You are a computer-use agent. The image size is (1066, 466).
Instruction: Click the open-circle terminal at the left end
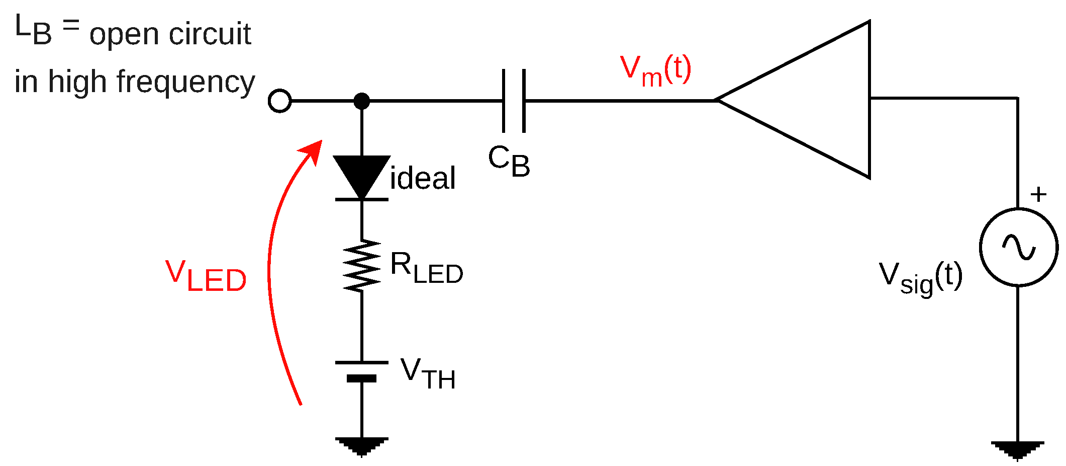280,101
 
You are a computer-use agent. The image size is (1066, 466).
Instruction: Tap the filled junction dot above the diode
361,101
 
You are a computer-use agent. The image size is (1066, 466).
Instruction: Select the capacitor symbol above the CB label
514,101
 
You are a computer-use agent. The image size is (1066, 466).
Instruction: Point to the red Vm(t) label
656,70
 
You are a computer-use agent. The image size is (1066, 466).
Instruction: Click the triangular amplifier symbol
814,100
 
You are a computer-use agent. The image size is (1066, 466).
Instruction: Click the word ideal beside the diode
423,178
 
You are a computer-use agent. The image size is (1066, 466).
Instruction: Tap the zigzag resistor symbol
361,266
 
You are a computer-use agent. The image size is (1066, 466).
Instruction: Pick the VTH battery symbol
361,371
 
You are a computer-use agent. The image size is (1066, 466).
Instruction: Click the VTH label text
428,374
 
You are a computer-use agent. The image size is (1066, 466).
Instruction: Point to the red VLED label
206,276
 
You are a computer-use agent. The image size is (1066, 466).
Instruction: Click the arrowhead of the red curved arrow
314,149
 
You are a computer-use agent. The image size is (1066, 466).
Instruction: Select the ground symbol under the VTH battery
361,446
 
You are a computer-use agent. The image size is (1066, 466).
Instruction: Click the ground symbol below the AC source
1017,450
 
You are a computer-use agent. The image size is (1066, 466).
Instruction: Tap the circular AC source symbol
1019,247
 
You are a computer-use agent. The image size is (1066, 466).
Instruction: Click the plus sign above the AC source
1038,194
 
